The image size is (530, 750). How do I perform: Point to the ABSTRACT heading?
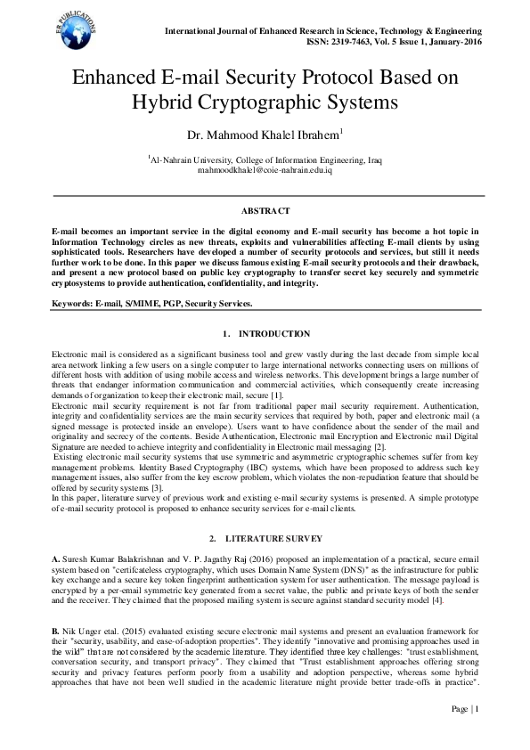(265, 211)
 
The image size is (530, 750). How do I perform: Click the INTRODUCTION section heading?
(275, 334)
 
